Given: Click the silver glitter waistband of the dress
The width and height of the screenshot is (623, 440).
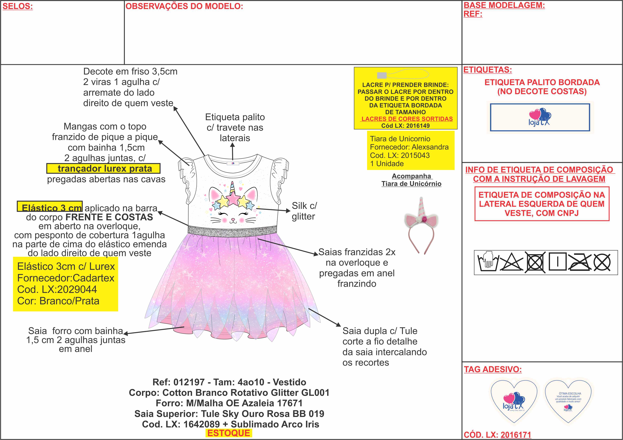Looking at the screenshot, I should click(232, 231).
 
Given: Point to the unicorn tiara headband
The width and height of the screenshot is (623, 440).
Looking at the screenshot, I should click(421, 225).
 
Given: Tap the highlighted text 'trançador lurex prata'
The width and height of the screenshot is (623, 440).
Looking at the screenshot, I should click(105, 169).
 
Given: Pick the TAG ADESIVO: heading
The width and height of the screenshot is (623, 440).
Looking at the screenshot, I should click(492, 369).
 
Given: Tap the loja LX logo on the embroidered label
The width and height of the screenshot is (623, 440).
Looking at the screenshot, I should click(539, 117).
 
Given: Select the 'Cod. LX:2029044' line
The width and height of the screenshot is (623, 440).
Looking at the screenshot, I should click(57, 289).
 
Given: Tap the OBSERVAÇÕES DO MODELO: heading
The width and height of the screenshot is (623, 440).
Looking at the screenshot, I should click(184, 6).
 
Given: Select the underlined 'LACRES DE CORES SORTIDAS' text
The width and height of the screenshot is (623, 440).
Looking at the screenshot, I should click(407, 119).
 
